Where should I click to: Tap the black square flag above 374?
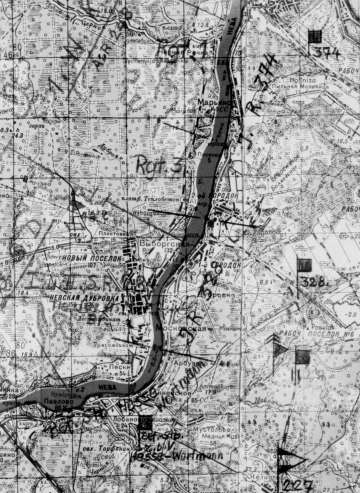pyautogui.click(x=315, y=36)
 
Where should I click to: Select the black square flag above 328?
pyautogui.click(x=304, y=265)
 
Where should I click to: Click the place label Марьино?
pyautogui.click(x=214, y=103)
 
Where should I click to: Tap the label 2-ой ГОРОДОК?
pyautogui.click(x=221, y=195)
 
